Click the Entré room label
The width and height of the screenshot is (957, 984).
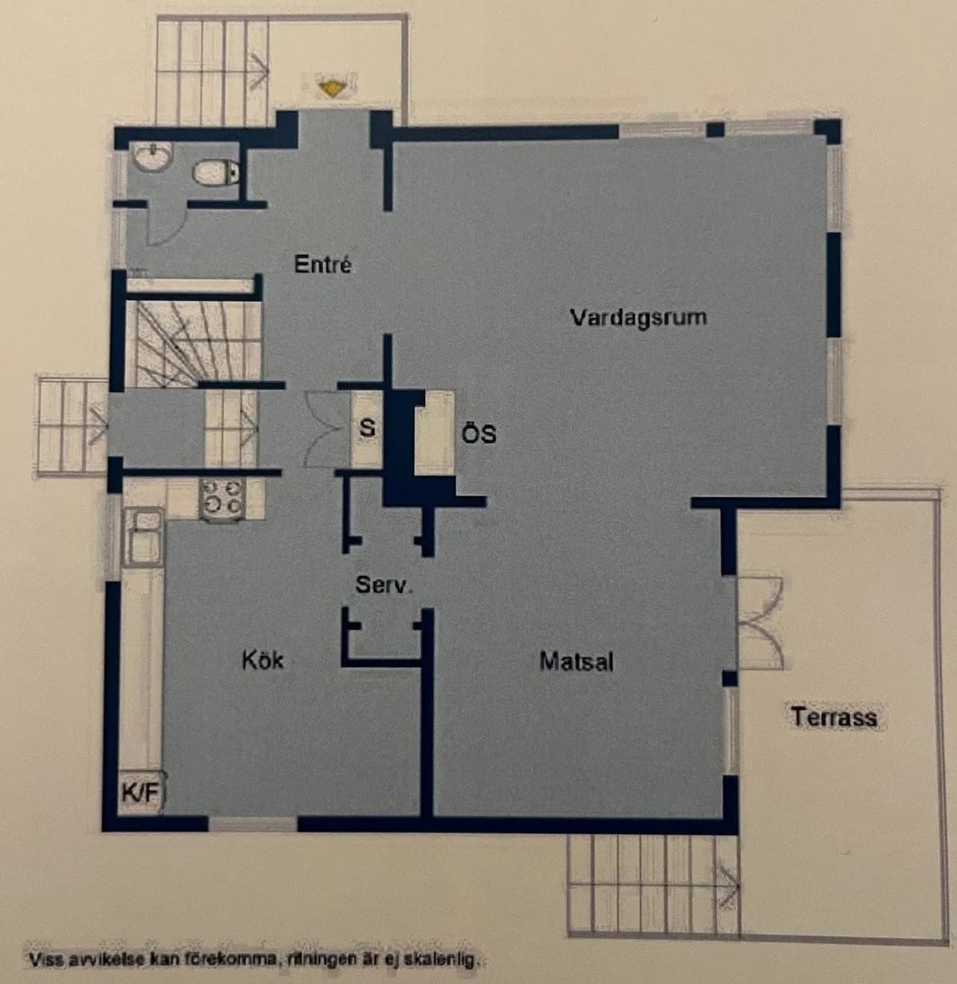pos(322,264)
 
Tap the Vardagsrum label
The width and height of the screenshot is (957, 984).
pos(638,317)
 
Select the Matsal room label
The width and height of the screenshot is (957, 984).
pos(576,661)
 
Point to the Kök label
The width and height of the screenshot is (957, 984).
pos(262,659)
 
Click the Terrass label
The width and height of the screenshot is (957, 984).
pos(834,717)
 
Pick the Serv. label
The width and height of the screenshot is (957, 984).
pos(384,585)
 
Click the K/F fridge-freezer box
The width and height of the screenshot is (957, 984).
pos(140,792)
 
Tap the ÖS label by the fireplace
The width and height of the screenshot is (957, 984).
pos(478,433)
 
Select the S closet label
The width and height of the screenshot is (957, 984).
pos(366,429)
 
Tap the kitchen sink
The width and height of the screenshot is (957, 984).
pos(146,537)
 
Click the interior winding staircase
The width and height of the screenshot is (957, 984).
pos(191,343)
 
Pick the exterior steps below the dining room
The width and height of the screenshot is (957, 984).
pos(654,886)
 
